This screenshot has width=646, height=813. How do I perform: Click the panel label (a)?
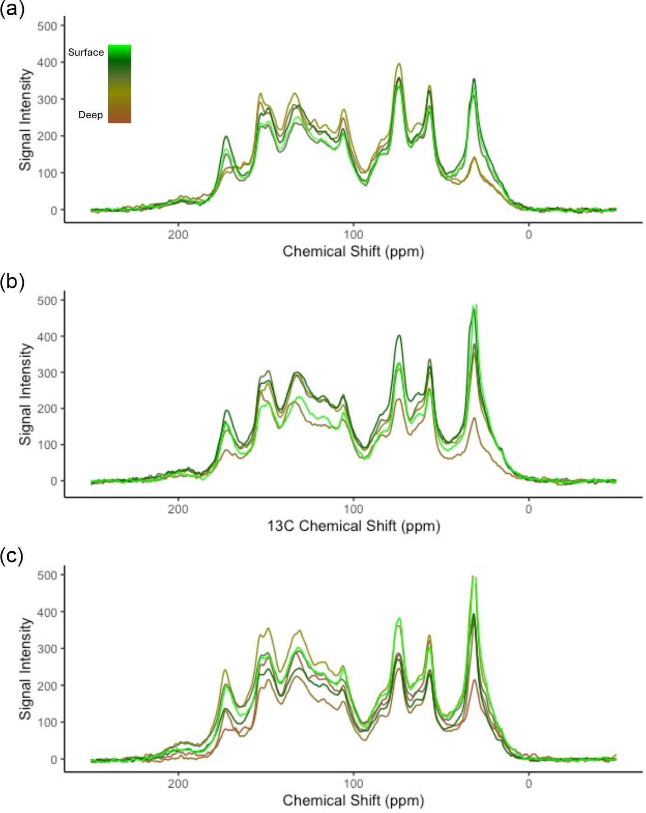coord(12,9)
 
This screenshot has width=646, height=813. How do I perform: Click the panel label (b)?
coord(12,281)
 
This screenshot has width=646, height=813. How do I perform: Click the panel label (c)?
coord(12,556)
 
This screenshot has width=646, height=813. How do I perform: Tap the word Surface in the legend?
coord(86,52)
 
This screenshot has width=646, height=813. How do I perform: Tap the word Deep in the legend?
coord(91,115)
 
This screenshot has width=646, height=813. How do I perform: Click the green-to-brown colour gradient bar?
coord(120,84)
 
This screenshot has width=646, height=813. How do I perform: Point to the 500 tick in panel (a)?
coord(47,26)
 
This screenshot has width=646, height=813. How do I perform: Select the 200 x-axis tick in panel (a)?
coord(178,235)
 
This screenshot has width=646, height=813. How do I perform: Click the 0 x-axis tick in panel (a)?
coord(529,235)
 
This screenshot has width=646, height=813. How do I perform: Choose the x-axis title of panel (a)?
coord(353,252)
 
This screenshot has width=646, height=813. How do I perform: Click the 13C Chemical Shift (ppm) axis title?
coord(354,526)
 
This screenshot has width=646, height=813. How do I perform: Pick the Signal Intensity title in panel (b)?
coord(25,394)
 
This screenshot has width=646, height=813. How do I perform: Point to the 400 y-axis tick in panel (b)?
coord(47,337)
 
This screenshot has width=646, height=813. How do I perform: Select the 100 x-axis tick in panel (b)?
coord(353,510)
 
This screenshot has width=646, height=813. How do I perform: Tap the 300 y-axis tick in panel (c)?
coord(47,649)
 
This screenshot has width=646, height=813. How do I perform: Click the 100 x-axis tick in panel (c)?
coord(353,784)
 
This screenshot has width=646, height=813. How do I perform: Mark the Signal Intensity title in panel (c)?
coord(25,669)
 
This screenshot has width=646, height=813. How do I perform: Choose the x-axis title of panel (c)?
coord(353,801)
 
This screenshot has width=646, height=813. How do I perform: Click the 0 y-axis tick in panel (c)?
coord(54,759)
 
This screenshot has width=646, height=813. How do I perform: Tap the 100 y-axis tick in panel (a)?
coord(47,173)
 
